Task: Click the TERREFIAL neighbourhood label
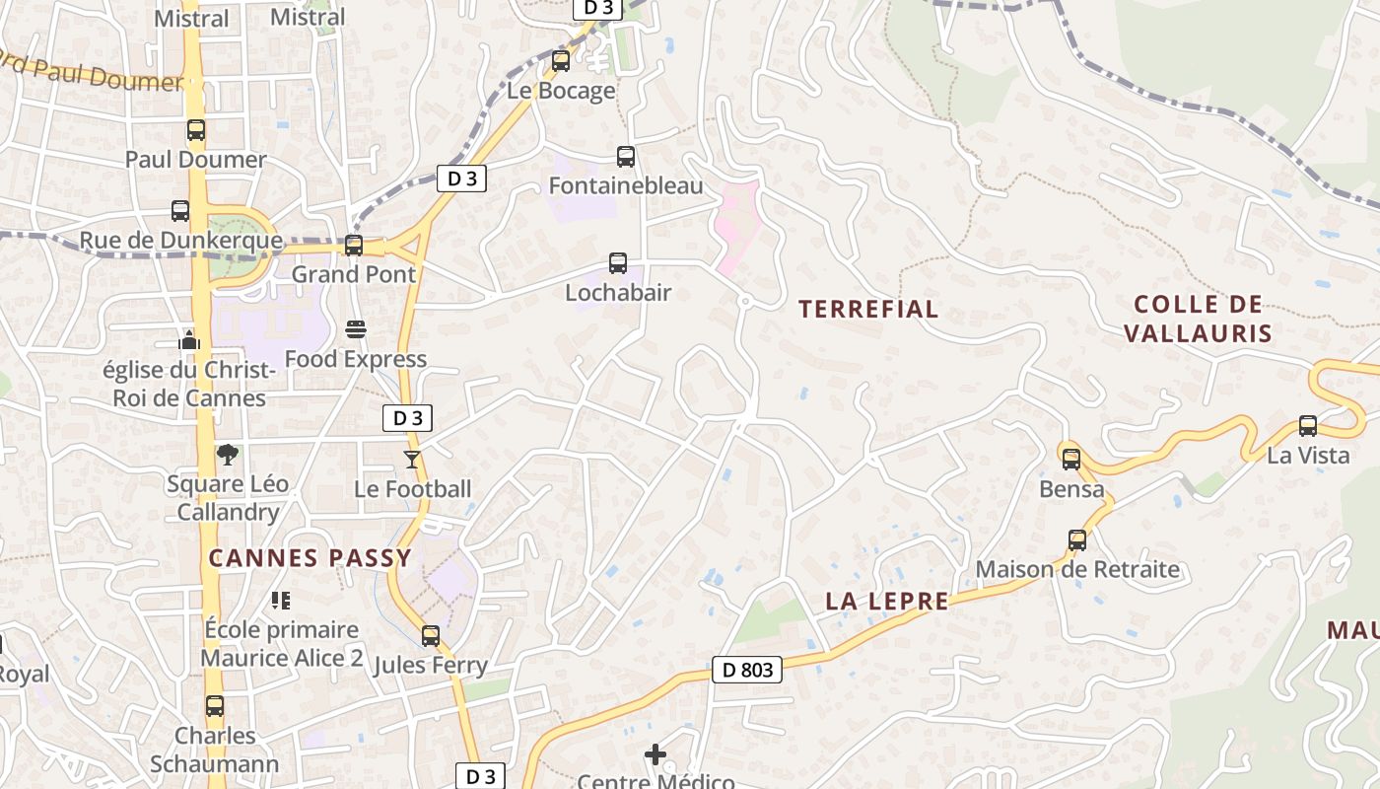[x=867, y=310]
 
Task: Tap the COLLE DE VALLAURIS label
[x=1198, y=319]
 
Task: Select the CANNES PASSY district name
[x=310, y=558]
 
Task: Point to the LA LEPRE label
[x=886, y=602]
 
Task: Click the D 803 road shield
[x=746, y=671]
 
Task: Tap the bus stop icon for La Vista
[x=1308, y=426]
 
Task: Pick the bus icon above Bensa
[x=1071, y=460]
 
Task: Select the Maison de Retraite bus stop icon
[x=1077, y=540]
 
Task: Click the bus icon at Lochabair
[x=618, y=263]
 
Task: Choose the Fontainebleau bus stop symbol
[x=626, y=157]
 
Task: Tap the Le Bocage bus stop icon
[x=561, y=61]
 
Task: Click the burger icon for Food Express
[x=356, y=329]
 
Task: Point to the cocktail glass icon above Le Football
[x=412, y=460]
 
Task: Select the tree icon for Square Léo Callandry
[x=228, y=455]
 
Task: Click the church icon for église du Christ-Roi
[x=189, y=341]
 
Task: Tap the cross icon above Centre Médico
[x=655, y=755]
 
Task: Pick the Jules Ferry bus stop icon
[x=431, y=636]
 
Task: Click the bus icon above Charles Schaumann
[x=215, y=706]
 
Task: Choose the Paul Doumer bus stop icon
[x=196, y=130]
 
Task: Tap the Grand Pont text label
[x=354, y=274]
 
